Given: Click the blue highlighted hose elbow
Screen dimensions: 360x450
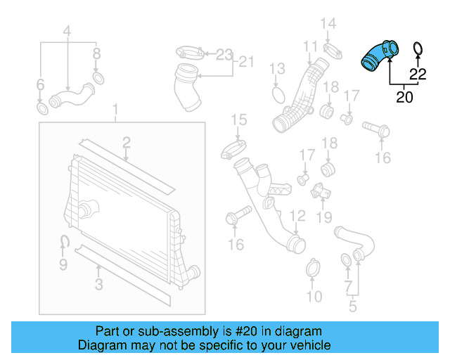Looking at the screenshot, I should [x=378, y=56].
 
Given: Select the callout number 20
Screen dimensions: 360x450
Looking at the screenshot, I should [x=404, y=97].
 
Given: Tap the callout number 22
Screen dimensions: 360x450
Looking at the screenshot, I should [x=418, y=74].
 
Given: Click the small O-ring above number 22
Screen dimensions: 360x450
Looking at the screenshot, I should [x=416, y=49].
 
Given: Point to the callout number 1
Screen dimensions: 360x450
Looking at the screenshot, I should [x=117, y=110].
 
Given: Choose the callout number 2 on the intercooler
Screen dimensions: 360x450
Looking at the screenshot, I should [x=126, y=143].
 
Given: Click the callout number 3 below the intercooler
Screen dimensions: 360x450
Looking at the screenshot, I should [x=98, y=284].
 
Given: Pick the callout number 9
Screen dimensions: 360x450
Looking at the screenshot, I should [x=63, y=264].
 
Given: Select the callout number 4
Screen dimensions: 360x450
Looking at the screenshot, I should [x=67, y=31].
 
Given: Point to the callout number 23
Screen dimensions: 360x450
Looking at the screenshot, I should [x=224, y=54].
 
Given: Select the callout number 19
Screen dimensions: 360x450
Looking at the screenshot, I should [x=323, y=217].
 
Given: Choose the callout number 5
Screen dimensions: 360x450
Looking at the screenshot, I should [x=352, y=306].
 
